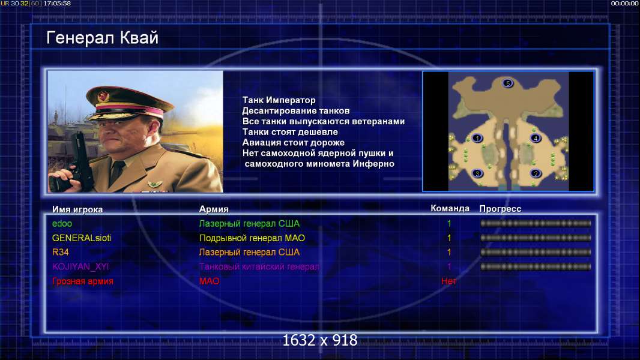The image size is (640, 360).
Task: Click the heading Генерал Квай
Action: click(x=102, y=38)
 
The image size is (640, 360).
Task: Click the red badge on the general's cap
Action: click(x=103, y=96)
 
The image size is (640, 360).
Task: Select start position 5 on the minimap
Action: click(x=508, y=83)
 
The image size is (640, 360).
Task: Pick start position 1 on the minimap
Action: click(x=477, y=138)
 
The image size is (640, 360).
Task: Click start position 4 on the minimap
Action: click(x=536, y=138)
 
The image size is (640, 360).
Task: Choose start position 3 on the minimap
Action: click(x=477, y=173)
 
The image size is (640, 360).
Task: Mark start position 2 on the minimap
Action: click(x=536, y=173)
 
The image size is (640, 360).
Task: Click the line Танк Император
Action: click(x=279, y=100)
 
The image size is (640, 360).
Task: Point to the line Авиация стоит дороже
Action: click(x=294, y=143)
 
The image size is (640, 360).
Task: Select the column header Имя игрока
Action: click(x=77, y=209)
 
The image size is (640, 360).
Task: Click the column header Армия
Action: click(x=214, y=209)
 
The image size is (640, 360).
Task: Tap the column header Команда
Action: click(x=450, y=208)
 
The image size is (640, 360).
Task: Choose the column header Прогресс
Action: click(x=500, y=209)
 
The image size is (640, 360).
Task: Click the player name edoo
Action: click(x=62, y=223)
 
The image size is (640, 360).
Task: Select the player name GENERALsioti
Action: click(x=82, y=238)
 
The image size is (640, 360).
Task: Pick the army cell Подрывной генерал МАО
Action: click(x=252, y=238)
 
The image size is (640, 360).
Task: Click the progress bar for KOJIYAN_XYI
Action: click(x=536, y=266)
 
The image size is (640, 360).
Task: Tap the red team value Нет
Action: click(x=449, y=281)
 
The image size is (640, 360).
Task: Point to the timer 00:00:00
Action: click(x=624, y=3)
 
